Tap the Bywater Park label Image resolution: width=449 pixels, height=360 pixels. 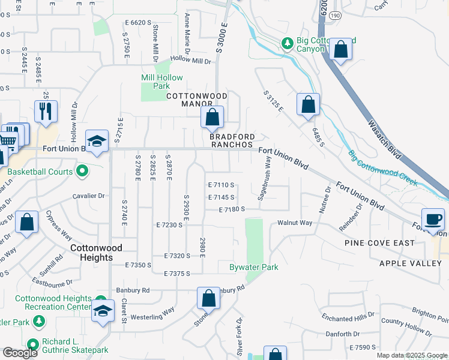[x=254, y=267]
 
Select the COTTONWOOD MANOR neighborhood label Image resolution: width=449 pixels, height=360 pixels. [x=196, y=100]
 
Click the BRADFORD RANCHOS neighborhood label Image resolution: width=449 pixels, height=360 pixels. [x=232, y=140]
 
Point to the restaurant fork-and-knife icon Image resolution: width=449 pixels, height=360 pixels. [x=46, y=111]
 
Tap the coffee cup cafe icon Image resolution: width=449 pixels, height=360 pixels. [x=433, y=219]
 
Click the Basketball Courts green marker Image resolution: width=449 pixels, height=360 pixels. [x=83, y=172]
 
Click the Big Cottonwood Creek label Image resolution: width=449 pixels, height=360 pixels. [x=383, y=168]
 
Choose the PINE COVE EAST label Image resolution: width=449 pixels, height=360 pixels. [x=379, y=243]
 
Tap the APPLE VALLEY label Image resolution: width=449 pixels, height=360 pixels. [x=410, y=263]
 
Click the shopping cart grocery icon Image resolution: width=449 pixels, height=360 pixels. [x=7, y=142]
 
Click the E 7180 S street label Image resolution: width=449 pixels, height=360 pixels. [x=232, y=209]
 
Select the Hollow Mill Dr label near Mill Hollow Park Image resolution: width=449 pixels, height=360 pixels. [x=191, y=61]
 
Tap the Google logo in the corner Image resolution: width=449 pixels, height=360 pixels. [x=20, y=353]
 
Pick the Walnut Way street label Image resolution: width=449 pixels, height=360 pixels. [x=295, y=223]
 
